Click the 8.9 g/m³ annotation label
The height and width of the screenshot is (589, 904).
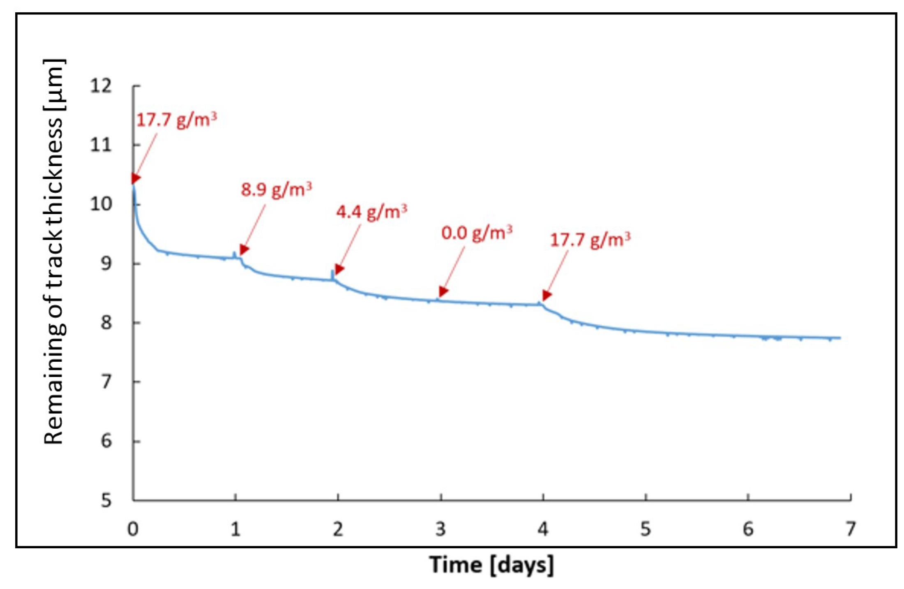(x=276, y=190)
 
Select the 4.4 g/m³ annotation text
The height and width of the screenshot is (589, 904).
(x=371, y=212)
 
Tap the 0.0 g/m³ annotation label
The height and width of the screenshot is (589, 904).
(x=477, y=233)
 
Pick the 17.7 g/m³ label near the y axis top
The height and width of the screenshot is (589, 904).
(x=176, y=120)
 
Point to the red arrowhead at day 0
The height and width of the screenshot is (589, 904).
(x=136, y=178)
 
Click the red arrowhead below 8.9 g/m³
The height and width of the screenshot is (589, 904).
(x=244, y=249)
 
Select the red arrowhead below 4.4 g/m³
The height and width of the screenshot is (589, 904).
(x=339, y=270)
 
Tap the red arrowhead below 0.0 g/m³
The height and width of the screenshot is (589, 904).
(x=443, y=291)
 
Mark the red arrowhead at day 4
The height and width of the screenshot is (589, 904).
(x=546, y=295)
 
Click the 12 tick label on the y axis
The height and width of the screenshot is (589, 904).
(x=101, y=87)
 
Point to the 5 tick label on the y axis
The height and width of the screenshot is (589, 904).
(x=106, y=501)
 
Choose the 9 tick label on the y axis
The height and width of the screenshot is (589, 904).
(x=106, y=263)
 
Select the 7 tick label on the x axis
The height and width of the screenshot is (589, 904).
(x=850, y=529)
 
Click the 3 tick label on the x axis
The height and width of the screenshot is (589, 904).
(x=440, y=529)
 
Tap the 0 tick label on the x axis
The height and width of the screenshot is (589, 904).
(x=133, y=529)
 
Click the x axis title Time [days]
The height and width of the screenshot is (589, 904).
(x=491, y=565)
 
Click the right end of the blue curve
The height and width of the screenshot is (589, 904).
(x=840, y=338)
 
